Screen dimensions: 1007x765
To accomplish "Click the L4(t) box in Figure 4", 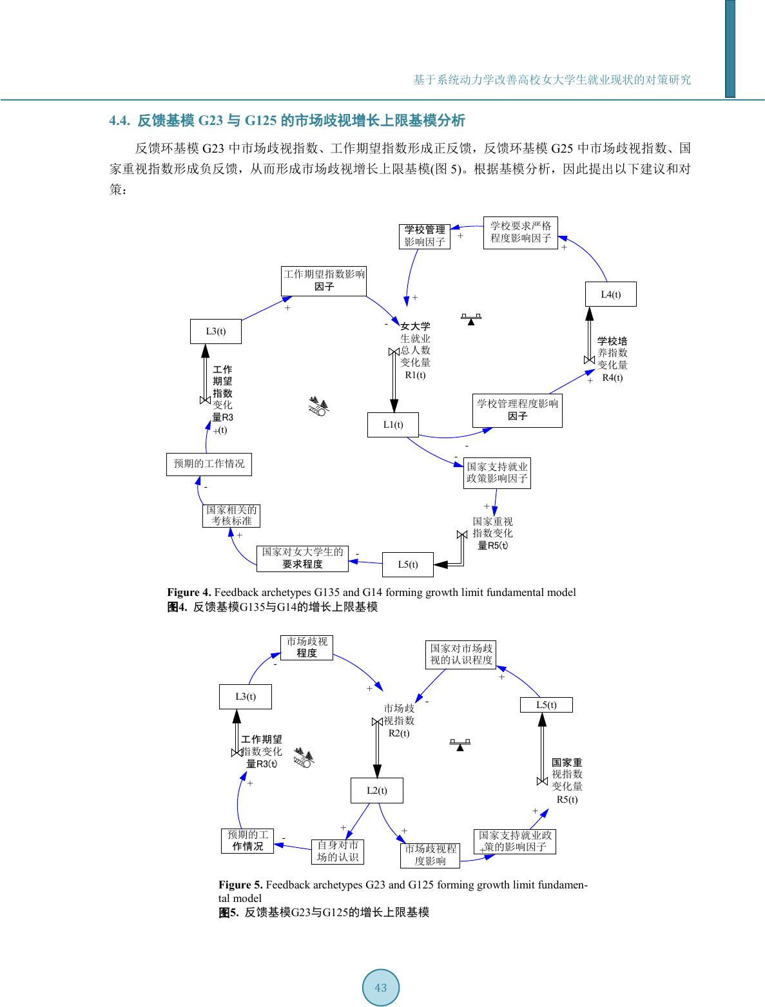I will click(610, 294).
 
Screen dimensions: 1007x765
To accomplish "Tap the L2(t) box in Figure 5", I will click(376, 791).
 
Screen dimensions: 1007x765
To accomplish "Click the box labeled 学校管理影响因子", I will click(424, 236).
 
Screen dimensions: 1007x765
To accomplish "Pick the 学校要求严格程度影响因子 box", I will click(521, 232).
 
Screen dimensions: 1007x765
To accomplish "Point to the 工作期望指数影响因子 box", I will click(324, 281).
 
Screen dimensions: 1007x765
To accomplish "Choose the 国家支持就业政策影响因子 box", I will click(497, 473).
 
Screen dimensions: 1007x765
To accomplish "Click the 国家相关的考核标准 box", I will click(231, 515).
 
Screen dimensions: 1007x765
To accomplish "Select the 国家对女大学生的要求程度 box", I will click(302, 558).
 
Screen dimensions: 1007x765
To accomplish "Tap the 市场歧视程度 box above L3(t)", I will click(307, 647).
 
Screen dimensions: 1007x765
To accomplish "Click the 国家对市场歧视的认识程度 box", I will click(461, 654).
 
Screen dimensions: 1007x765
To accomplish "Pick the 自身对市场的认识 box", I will click(337, 851).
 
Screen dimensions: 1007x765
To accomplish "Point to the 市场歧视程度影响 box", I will click(430, 855).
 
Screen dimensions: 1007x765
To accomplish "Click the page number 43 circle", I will click(381, 988).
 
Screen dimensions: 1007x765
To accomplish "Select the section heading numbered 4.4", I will click(287, 120).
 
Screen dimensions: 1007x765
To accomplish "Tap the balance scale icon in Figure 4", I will click(471, 319).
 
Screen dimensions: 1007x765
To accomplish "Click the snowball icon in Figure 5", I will click(304, 758).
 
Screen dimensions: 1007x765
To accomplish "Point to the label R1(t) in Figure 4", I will click(415, 375).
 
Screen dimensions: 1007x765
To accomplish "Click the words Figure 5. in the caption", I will click(240, 885).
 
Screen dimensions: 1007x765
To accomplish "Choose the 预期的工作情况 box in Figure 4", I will click(209, 464).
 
